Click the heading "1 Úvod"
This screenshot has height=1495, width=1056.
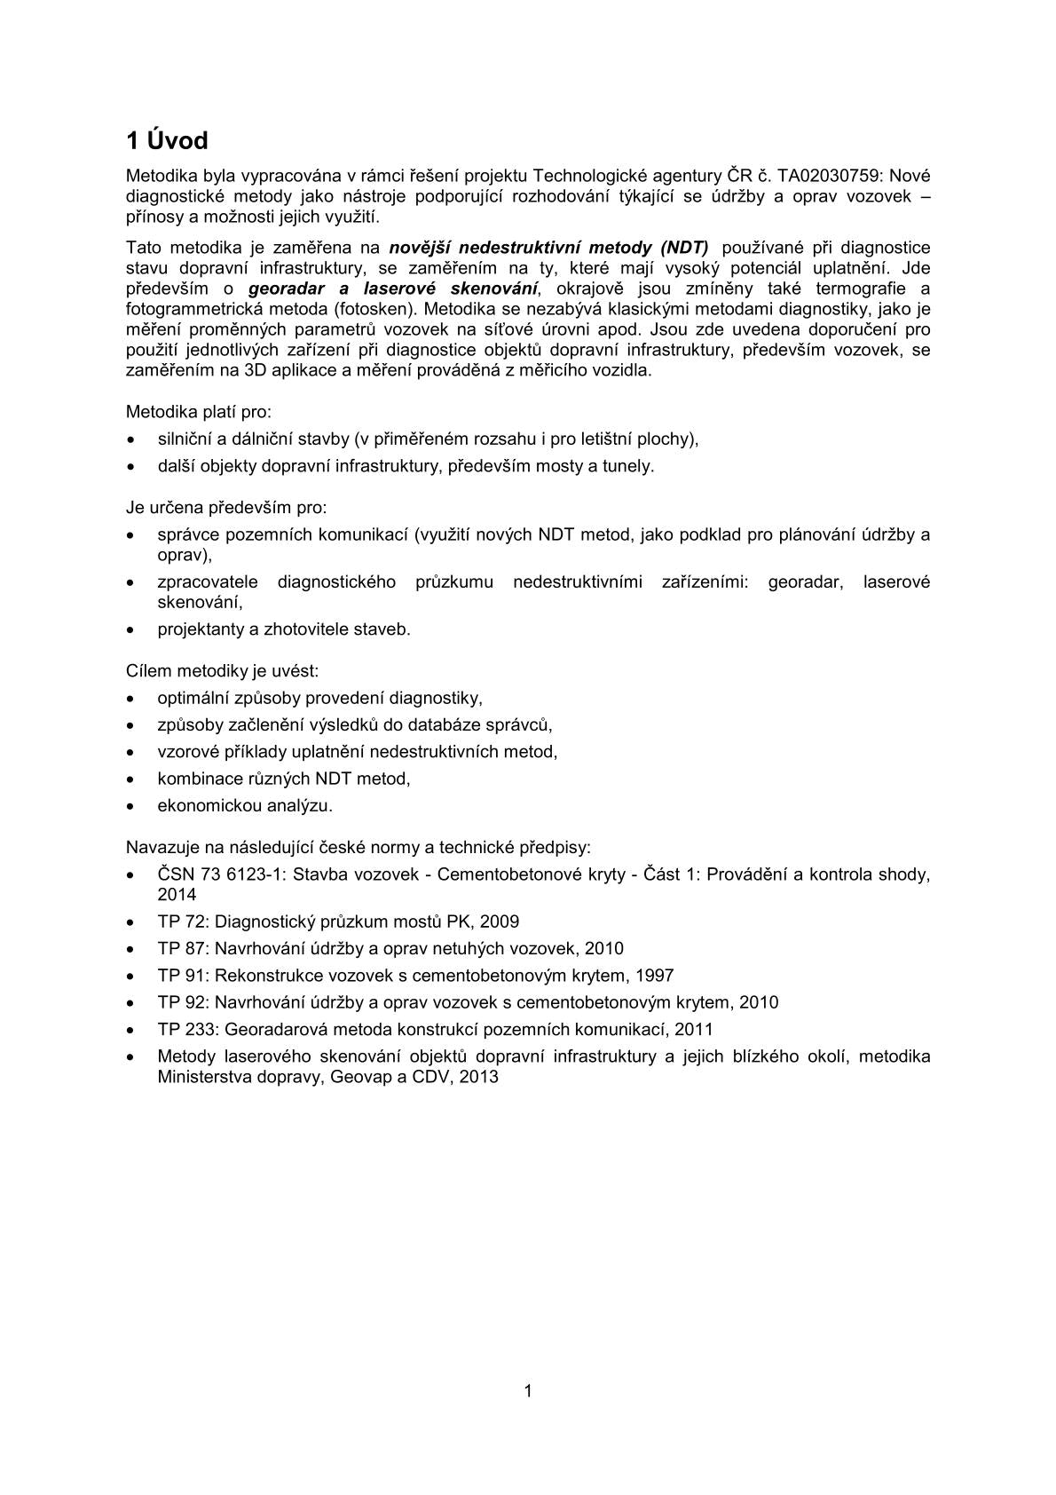coord(167,141)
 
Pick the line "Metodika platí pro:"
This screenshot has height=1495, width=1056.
coord(199,412)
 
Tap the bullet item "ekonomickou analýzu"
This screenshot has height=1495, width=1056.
coord(244,805)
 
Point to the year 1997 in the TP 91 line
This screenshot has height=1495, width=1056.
coord(654,976)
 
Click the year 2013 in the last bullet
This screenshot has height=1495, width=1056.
coord(479,1077)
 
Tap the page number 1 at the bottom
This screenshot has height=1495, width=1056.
coord(528,1391)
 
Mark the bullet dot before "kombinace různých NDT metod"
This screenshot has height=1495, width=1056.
coord(131,779)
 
